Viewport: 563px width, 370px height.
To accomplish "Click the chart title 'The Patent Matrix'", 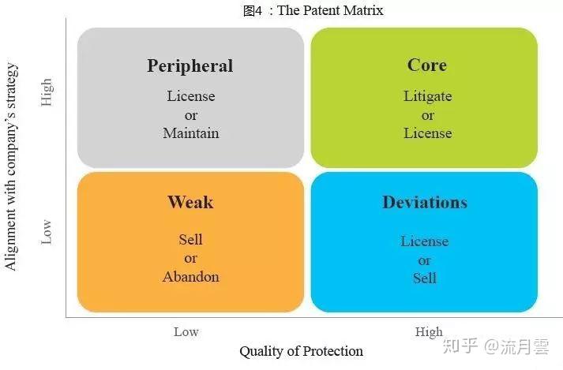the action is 330,10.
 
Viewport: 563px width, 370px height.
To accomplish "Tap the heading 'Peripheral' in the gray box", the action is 190,66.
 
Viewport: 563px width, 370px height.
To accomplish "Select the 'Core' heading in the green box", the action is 427,65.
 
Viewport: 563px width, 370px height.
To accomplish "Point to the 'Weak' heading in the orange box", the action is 190,202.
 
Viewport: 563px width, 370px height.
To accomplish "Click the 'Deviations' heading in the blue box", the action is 425,203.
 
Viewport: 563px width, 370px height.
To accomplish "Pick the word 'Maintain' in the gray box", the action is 190,133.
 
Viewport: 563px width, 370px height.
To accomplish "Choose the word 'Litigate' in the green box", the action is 428,96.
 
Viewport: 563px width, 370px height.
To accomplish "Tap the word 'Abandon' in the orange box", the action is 190,277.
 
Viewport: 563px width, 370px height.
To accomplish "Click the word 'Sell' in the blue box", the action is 424,278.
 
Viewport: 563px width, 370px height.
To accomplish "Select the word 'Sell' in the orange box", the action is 190,239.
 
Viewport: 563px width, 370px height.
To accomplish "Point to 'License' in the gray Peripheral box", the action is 190,96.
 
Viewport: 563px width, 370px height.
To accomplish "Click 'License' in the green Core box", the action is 428,133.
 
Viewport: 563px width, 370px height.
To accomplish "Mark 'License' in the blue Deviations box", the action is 424,241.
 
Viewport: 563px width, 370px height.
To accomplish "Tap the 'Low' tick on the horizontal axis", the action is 186,332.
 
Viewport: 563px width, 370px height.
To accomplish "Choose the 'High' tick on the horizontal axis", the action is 429,332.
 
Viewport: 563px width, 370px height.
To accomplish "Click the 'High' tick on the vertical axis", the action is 47,92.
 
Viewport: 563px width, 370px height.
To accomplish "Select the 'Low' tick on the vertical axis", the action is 47,232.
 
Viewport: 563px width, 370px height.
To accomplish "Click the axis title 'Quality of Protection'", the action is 302,351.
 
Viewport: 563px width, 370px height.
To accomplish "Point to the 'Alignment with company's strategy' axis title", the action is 11,167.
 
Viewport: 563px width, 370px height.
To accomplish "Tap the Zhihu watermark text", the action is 496,346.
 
